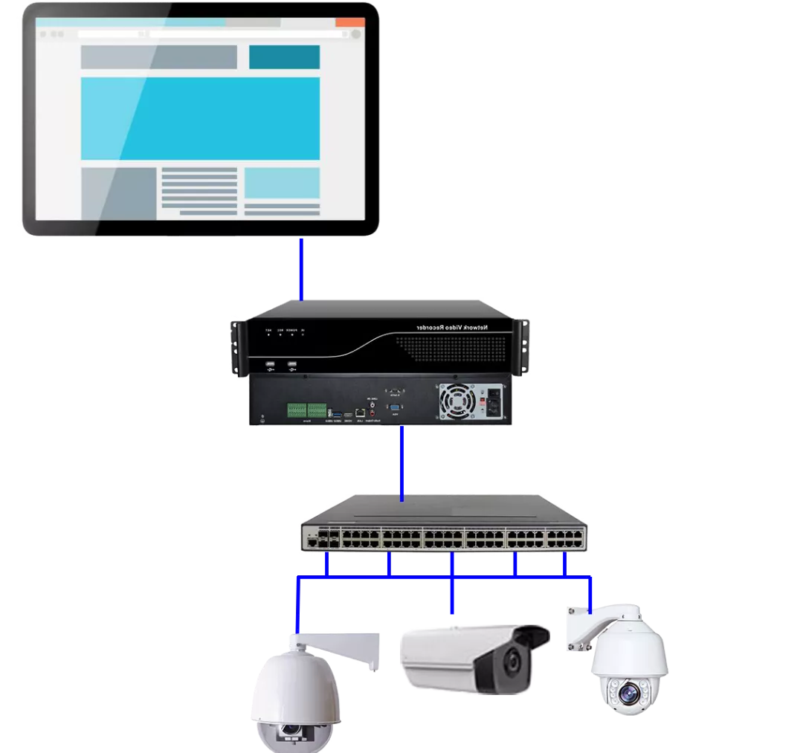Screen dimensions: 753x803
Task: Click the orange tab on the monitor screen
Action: coord(349,22)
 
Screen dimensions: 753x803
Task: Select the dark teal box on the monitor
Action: coord(284,57)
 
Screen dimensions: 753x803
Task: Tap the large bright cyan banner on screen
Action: coord(200,118)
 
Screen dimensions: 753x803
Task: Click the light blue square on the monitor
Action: coord(282,183)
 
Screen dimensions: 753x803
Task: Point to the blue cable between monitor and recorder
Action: coord(301,268)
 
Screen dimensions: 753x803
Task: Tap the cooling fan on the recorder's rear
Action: coord(458,402)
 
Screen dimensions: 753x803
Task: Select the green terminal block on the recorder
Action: coord(306,410)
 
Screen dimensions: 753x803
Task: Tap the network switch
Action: coord(444,529)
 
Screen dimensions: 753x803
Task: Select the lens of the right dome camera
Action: coord(629,695)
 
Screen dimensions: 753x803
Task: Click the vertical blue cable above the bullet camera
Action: coord(452,595)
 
